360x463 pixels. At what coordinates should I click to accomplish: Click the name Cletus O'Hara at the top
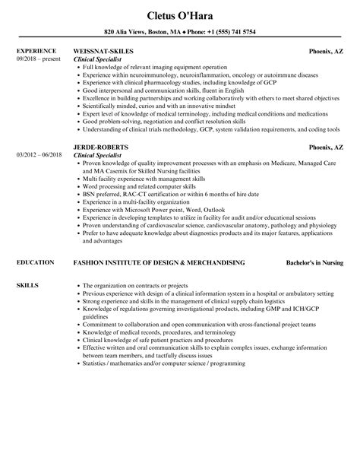click(180, 14)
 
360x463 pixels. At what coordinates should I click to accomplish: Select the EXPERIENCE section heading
click(35, 51)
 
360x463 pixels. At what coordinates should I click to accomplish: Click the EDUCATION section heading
click(33, 262)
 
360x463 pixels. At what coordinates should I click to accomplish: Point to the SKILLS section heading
click(26, 284)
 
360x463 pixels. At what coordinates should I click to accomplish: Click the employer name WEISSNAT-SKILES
click(103, 51)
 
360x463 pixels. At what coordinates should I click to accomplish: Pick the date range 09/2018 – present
click(38, 59)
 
